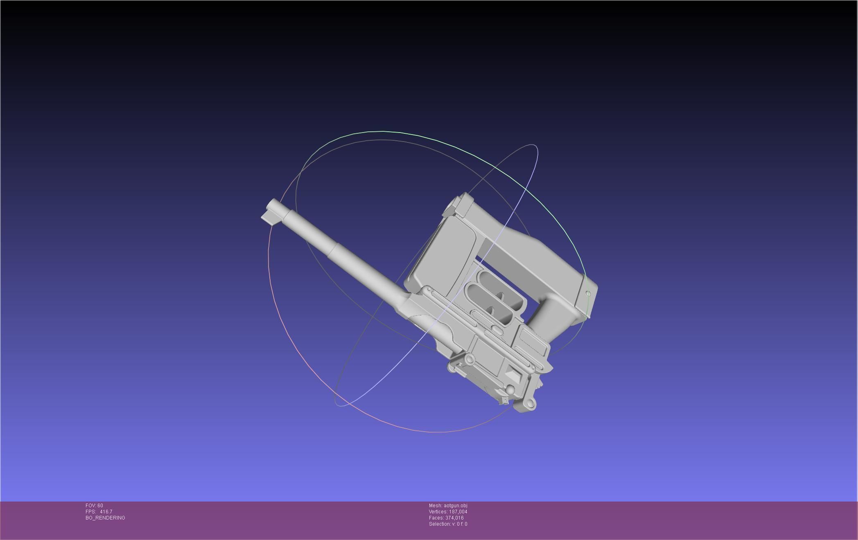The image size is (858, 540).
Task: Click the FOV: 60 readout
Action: pyautogui.click(x=94, y=506)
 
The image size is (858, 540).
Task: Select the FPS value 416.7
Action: pyautogui.click(x=106, y=512)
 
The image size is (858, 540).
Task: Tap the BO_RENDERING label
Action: pyautogui.click(x=105, y=518)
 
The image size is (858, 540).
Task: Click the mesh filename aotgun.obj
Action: pyautogui.click(x=455, y=506)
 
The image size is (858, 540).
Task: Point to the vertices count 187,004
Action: pyautogui.click(x=458, y=512)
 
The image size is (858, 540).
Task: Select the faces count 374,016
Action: pyautogui.click(x=454, y=518)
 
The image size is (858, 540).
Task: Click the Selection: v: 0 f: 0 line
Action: pyautogui.click(x=448, y=524)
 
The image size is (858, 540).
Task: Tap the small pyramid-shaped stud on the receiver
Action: pyautogui.click(x=513, y=373)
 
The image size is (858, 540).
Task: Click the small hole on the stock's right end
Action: pyautogui.click(x=588, y=293)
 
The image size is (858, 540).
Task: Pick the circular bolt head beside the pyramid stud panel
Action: pyautogui.click(x=470, y=359)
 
